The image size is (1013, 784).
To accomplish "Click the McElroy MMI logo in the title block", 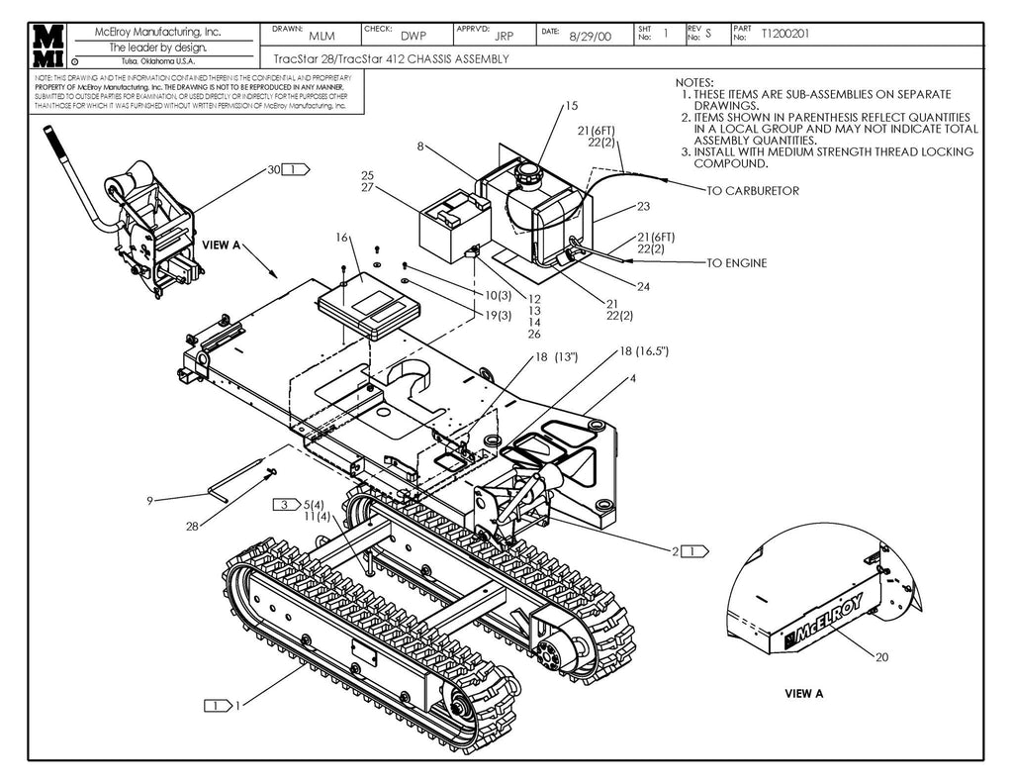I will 46,46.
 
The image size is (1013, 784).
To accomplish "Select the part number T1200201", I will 786,34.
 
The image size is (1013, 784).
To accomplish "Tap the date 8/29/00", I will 591,37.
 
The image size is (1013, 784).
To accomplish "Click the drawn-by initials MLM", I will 322,37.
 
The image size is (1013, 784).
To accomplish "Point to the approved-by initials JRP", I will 504,37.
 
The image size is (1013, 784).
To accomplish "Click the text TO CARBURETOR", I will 752,190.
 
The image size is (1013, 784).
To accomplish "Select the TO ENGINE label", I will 736,263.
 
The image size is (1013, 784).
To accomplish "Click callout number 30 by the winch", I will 273,169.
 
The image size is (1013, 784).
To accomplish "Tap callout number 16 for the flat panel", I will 342,238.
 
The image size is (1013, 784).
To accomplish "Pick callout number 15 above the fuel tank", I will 571,106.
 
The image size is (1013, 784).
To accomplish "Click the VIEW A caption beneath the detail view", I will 803,694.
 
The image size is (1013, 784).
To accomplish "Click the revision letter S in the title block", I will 708,34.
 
